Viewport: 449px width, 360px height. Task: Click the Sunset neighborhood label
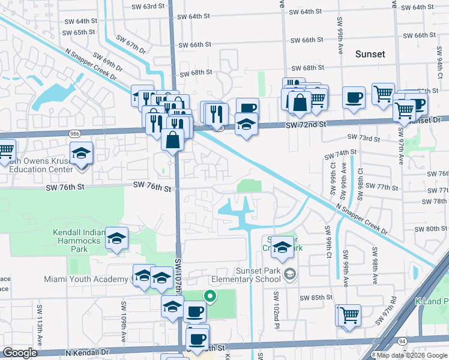pos(370,54)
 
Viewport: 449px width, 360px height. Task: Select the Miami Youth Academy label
pos(87,279)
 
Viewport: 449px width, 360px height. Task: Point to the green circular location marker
pos(209,295)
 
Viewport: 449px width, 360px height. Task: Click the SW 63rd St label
pos(148,7)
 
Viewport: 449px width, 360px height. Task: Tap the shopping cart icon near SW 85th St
pos(349,314)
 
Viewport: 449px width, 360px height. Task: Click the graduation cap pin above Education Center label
pos(81,154)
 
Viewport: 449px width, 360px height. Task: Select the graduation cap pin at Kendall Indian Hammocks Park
pos(117,238)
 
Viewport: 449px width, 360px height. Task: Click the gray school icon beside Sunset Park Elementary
pos(290,274)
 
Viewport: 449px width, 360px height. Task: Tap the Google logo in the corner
pos(20,353)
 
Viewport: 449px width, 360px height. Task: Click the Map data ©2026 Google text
pos(408,355)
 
